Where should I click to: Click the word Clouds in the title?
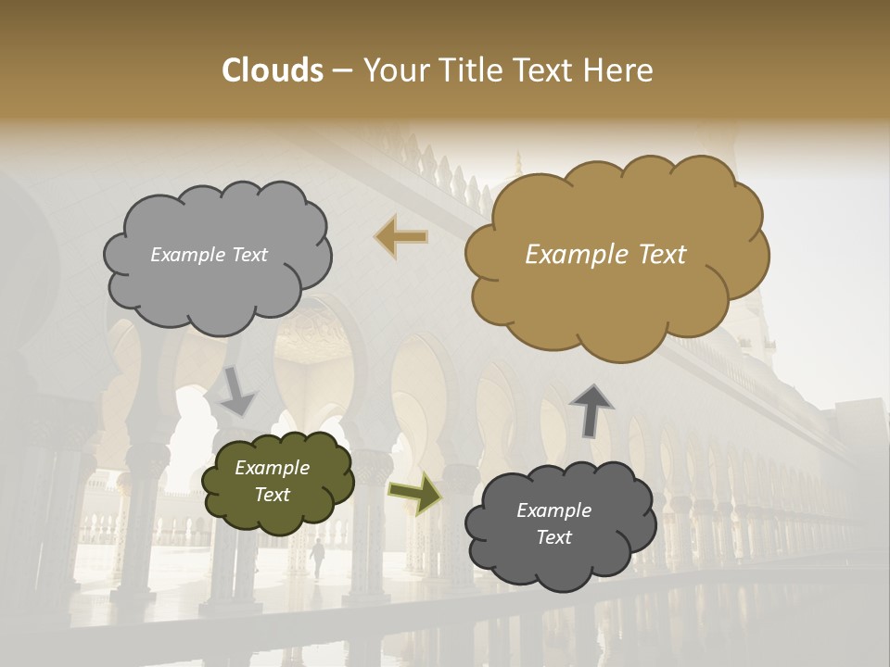coord(273,70)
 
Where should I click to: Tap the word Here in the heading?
coord(618,70)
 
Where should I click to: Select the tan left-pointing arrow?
coord(401,236)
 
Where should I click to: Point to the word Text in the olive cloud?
coord(273,495)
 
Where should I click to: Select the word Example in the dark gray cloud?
coord(553,510)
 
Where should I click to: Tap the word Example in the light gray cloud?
coord(186,255)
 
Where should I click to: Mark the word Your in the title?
coord(392,70)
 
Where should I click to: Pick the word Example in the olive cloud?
coord(273,468)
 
